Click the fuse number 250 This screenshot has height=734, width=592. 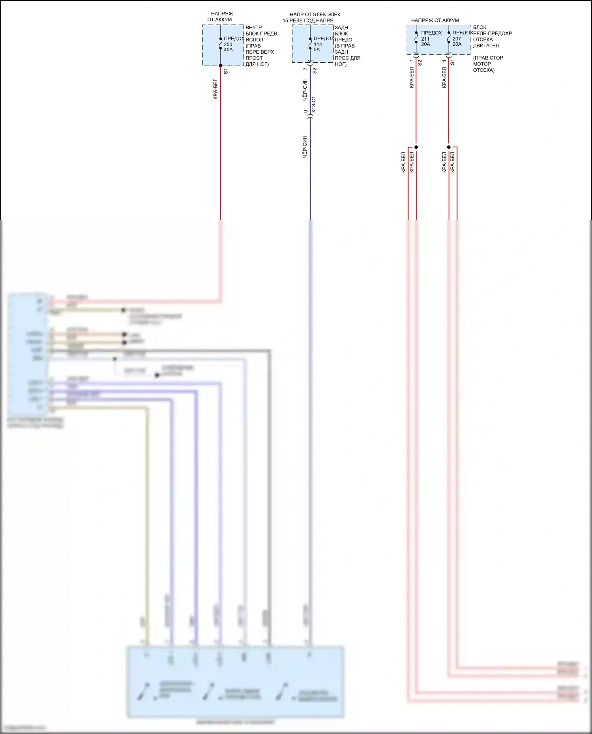coord(228,44)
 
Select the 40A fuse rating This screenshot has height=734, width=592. coord(228,50)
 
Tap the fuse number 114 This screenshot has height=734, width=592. coord(318,44)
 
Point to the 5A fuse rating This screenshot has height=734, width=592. coord(317,50)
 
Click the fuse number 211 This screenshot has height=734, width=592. coord(425,39)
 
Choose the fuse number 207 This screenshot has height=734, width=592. coord(457,39)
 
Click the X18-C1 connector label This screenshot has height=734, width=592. coord(314,105)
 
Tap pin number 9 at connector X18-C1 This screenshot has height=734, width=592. coord(305,112)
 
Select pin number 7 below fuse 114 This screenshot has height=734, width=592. coord(305,69)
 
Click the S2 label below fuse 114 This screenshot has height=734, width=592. coord(315,71)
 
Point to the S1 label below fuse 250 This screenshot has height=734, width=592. coord(226,71)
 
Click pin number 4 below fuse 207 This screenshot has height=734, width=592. coord(444,61)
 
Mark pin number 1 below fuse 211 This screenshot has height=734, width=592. coord(412,60)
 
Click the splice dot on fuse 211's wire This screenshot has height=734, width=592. coord(416,147)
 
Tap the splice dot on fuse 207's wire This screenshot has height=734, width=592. coord(449,147)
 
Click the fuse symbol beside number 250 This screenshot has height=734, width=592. coord(221,43)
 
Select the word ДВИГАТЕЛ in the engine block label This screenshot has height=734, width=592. coord(486,45)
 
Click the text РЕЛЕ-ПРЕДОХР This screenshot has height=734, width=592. coord(492,34)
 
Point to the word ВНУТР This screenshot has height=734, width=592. coord(253,28)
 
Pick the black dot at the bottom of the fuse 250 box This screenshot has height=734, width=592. coord(221,66)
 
